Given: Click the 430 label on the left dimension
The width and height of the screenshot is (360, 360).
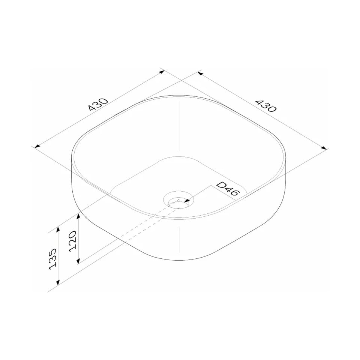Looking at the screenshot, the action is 98,105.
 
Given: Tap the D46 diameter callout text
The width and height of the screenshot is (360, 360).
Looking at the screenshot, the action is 228,189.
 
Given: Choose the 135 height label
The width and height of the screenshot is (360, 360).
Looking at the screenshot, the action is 52,259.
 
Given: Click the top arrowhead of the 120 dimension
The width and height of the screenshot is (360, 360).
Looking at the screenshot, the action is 78,216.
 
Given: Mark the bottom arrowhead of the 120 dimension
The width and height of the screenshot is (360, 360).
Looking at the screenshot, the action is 78,261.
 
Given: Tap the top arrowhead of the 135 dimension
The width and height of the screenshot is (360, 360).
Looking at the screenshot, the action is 58,229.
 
